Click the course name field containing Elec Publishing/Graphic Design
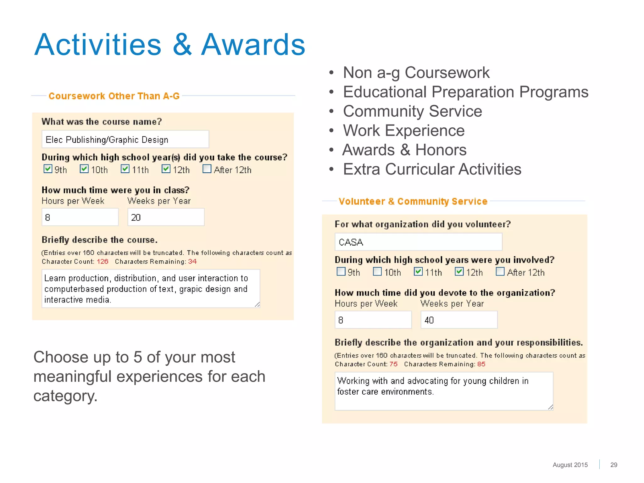[125, 139]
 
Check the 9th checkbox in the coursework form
[48, 169]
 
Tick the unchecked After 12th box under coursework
[207, 169]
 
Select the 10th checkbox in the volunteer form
[377, 271]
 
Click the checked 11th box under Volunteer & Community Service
[418, 271]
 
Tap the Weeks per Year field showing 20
[166, 217]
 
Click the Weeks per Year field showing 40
[459, 320]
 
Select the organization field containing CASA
[418, 242]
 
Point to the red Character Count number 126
[103, 262]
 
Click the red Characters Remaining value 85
[481, 364]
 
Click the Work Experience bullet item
[403, 130]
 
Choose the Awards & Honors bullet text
[404, 150]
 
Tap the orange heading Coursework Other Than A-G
[114, 96]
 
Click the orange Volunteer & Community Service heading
[413, 201]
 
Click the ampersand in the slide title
[182, 45]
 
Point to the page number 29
[613, 465]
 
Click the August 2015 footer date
[570, 465]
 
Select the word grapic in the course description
[191, 289]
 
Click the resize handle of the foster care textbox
[550, 407]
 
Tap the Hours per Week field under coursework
[80, 217]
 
